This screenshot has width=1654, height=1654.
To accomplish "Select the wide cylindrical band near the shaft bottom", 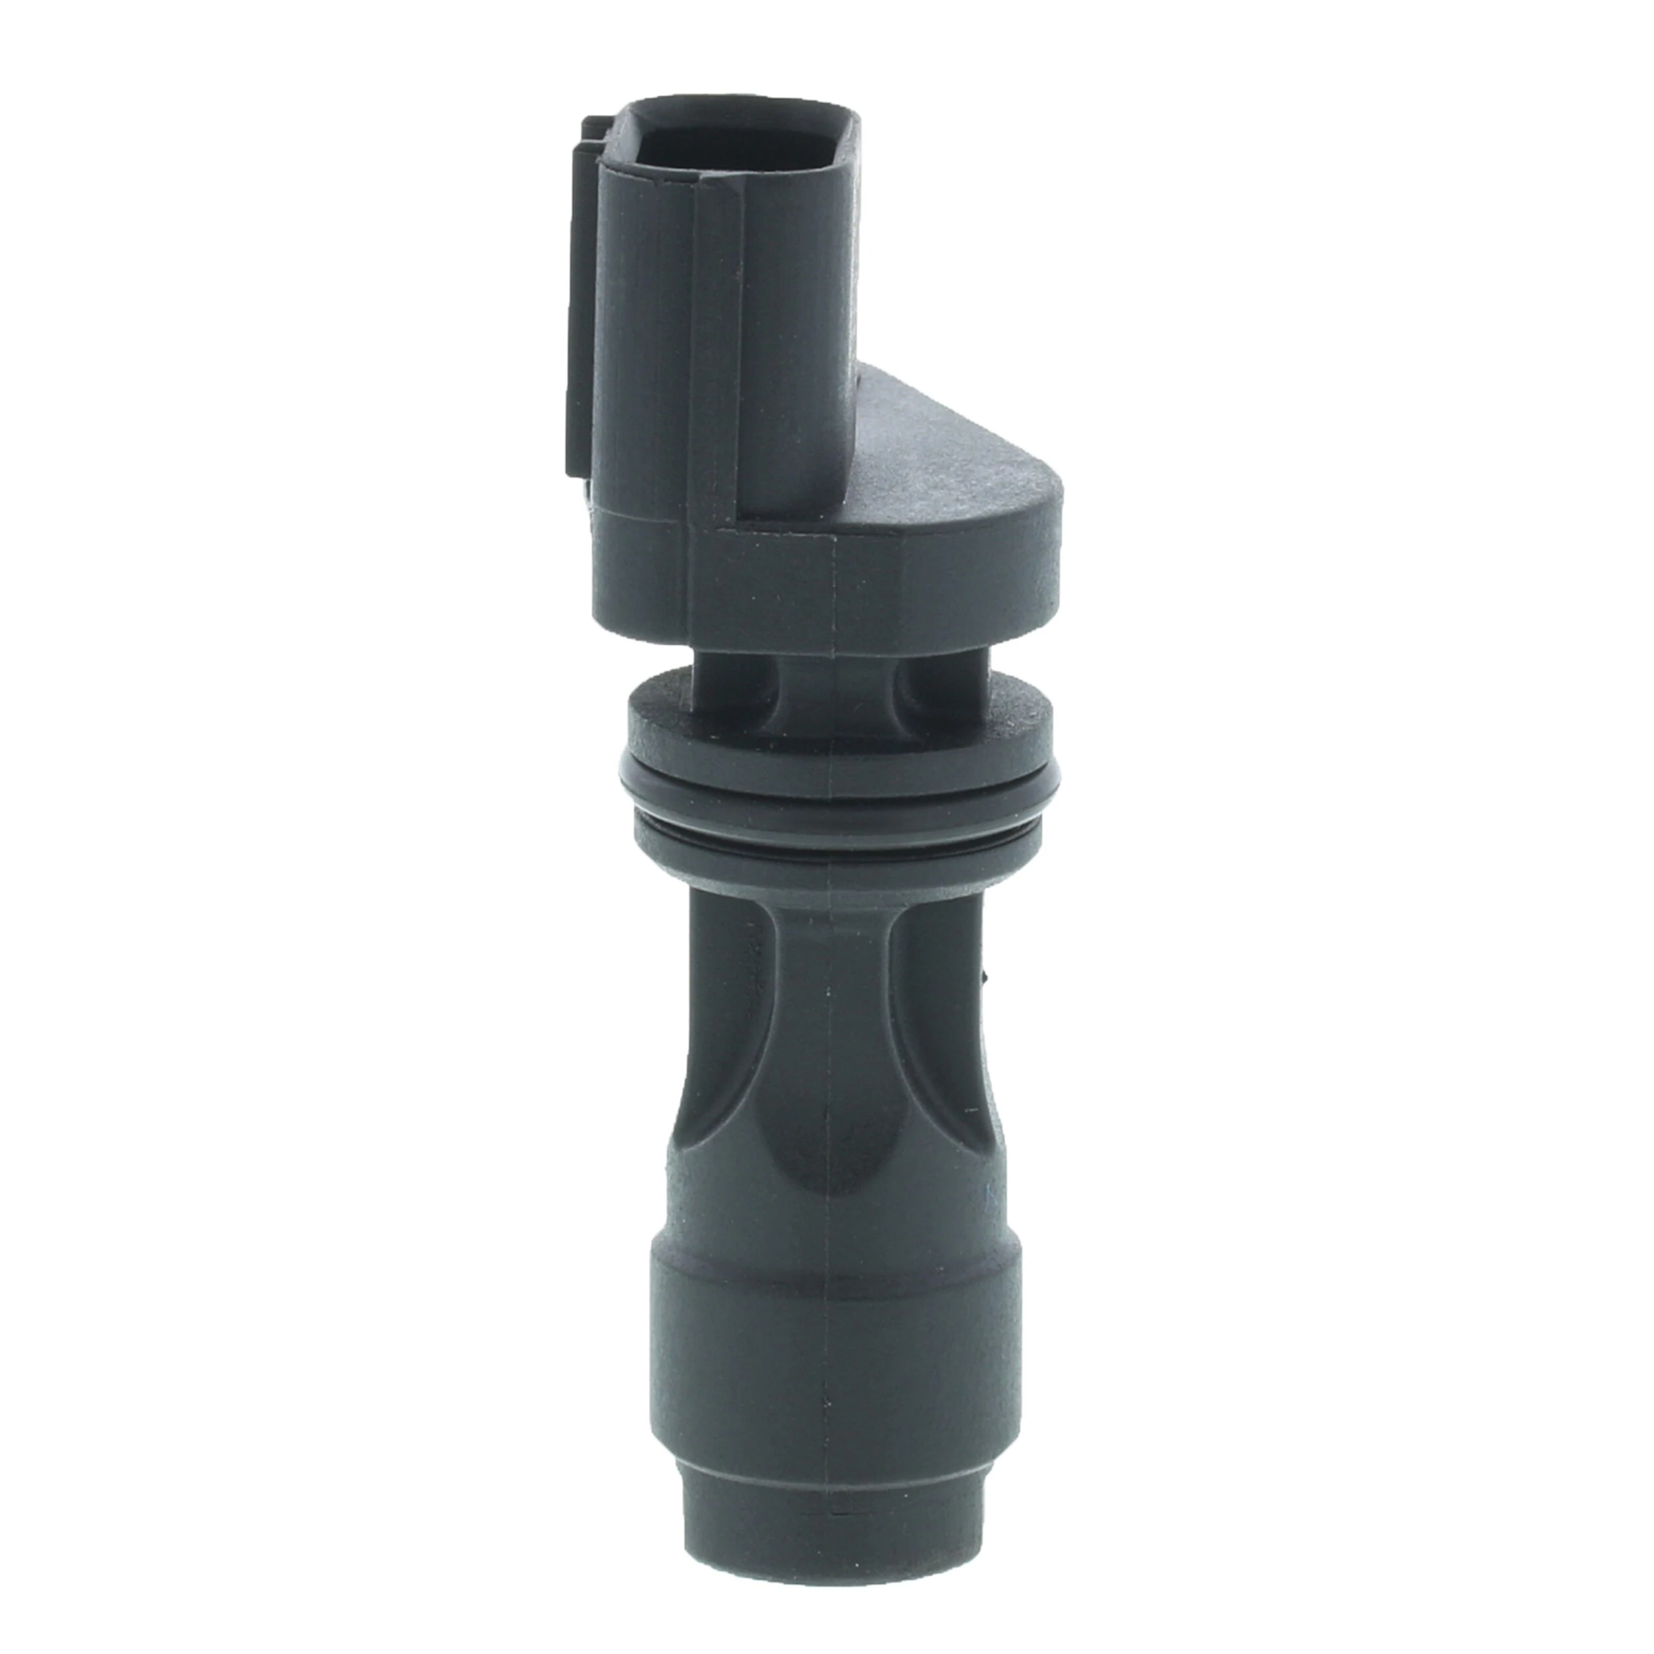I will tap(835, 1353).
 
